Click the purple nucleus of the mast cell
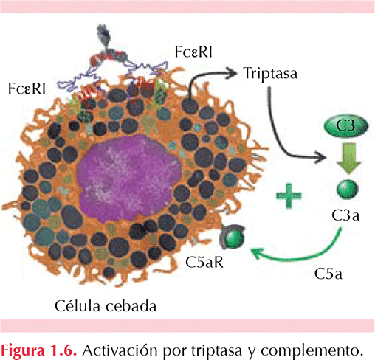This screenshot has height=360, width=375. [129, 178]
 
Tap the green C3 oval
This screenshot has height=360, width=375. [346, 125]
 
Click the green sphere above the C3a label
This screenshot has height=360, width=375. [348, 190]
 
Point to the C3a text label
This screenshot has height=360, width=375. [345, 215]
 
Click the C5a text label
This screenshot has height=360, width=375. [328, 274]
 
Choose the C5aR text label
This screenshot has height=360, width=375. [204, 263]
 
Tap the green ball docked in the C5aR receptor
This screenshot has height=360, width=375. [235, 238]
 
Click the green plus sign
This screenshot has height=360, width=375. [289, 195]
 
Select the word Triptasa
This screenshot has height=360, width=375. [270, 73]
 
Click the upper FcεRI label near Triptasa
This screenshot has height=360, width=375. [193, 52]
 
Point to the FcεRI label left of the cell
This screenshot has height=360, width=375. [27, 89]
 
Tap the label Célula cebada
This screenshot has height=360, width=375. [106, 306]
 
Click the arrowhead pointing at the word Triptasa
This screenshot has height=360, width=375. [232, 73]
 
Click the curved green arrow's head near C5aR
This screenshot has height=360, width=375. [256, 253]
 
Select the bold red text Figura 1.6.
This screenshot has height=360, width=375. [39, 350]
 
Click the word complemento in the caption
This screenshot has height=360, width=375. [312, 350]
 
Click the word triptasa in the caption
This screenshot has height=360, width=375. [216, 350]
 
